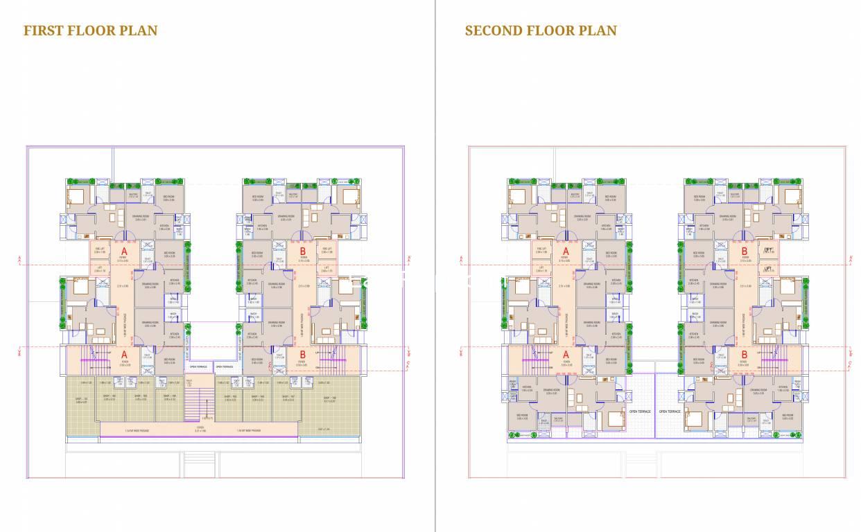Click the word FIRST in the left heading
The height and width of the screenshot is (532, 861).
pos(44,30)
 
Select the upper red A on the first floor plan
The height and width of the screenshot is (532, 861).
pos(124,251)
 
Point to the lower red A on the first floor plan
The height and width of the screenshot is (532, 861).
pos(124,354)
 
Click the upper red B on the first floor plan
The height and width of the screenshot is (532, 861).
pos(302,251)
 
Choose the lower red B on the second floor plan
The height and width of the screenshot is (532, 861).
pos(743,354)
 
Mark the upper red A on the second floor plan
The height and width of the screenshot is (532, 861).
pos(566,251)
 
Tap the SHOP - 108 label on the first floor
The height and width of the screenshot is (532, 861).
pos(329,398)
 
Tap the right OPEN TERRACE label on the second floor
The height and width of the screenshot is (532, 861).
pos(670,411)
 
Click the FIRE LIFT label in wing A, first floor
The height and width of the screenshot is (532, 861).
pos(99,249)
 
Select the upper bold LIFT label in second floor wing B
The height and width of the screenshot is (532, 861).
pos(767,250)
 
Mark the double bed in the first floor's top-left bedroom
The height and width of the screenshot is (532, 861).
pos(76,196)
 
